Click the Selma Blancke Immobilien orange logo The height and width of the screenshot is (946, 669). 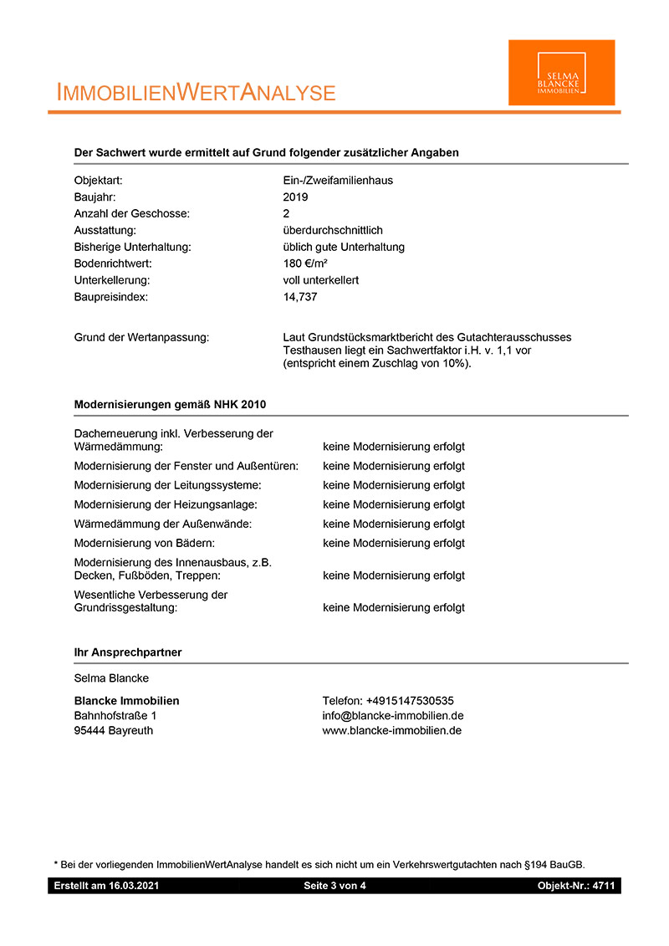pyautogui.click(x=561, y=73)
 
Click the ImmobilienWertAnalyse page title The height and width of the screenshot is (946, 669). pyautogui.click(x=196, y=93)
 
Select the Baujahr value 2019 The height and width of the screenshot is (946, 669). pyautogui.click(x=295, y=197)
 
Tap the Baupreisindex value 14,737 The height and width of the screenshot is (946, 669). pyautogui.click(x=300, y=297)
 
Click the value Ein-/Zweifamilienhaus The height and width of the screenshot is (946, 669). pyautogui.click(x=338, y=181)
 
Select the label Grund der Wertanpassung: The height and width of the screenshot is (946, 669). pyautogui.click(x=141, y=337)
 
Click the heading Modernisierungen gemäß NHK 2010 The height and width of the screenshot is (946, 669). pyautogui.click(x=170, y=405)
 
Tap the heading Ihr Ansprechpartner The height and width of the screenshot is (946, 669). pyautogui.click(x=128, y=652)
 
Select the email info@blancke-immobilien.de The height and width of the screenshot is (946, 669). pyautogui.click(x=392, y=716)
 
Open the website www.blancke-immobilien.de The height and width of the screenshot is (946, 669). pyautogui.click(x=391, y=730)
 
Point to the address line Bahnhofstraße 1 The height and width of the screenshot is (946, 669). pyautogui.click(x=115, y=716)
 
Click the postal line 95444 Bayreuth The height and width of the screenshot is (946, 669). pyautogui.click(x=114, y=730)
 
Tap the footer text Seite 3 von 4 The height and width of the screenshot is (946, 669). pyautogui.click(x=334, y=886)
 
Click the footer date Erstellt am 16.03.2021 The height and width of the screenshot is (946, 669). pyautogui.click(x=106, y=886)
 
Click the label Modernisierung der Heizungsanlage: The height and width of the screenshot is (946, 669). pyautogui.click(x=166, y=505)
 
